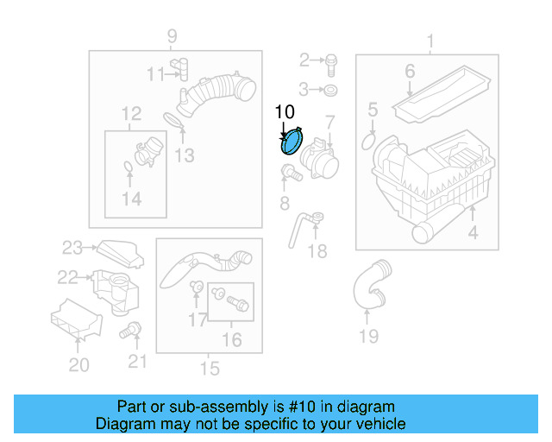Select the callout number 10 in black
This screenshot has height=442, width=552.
(284, 111)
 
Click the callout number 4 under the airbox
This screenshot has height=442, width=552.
(473, 232)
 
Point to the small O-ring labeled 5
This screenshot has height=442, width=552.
(369, 139)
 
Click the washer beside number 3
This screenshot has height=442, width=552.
(332, 90)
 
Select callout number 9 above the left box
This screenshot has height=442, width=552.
(172, 36)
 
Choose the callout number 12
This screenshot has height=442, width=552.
(131, 113)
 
